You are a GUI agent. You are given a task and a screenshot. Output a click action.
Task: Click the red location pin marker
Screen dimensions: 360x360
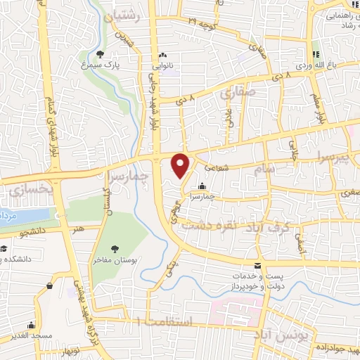point(181,165)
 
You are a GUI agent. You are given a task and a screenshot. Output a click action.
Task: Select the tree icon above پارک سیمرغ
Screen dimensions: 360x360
point(100,53)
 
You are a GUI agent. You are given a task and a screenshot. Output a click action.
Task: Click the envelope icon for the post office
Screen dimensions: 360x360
point(258,266)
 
